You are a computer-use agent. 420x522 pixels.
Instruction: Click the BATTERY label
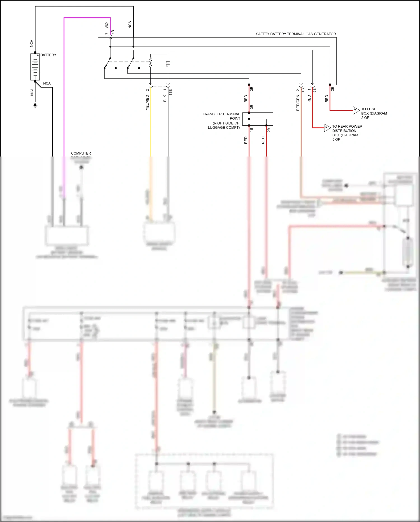[x=48, y=55]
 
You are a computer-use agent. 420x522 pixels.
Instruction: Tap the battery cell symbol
[x=35, y=67]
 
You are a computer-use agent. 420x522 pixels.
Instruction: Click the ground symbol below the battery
[x=35, y=105]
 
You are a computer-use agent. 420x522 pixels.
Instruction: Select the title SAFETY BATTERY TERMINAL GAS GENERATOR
[x=296, y=34]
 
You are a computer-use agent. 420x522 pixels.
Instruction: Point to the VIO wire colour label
[x=107, y=25]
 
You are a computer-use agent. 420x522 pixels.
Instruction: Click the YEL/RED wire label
[x=148, y=102]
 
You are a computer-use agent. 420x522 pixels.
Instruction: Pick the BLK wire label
[x=165, y=98]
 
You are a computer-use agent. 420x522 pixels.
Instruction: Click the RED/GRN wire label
[x=298, y=103]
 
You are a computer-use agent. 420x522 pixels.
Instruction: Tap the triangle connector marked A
[x=356, y=110]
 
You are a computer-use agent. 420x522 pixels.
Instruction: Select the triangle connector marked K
[x=327, y=127]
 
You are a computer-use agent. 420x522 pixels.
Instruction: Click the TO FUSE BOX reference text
[x=374, y=113]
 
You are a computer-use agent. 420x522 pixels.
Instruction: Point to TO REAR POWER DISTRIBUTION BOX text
[x=347, y=133]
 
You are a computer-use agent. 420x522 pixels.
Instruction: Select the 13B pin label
[x=171, y=92]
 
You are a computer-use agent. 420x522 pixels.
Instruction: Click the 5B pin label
[x=314, y=90]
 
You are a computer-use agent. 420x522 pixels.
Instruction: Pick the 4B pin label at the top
[x=113, y=32]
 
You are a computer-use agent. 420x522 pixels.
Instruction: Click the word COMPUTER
[x=81, y=153]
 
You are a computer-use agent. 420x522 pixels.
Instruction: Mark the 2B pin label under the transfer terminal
[x=269, y=130]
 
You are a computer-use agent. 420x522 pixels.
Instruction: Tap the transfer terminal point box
[x=258, y=119]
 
